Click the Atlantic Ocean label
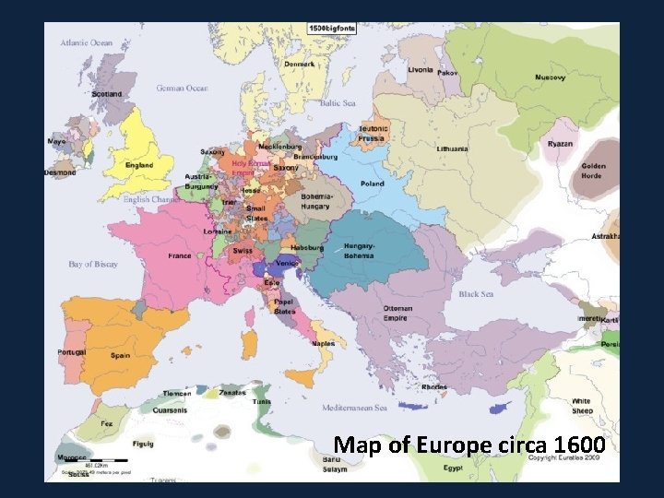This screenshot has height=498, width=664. tap(87, 42)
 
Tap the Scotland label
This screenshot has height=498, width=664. tap(107, 94)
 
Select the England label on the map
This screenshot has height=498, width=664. tap(140, 166)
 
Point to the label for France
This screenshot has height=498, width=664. tap(180, 256)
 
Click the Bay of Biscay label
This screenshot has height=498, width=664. tap(93, 265)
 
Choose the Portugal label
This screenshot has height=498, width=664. tap(71, 352)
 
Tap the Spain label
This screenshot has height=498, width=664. tap(120, 355)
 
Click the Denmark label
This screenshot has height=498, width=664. tap(299, 65)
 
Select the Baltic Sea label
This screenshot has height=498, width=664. tap(338, 103)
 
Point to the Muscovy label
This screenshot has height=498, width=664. tap(551, 77)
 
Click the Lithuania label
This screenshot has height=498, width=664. tap(453, 148)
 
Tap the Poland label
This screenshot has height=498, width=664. tap(373, 184)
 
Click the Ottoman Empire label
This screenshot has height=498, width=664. tap(397, 314)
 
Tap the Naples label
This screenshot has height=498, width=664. tap(323, 343)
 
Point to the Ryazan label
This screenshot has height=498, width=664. tap(559, 144)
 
